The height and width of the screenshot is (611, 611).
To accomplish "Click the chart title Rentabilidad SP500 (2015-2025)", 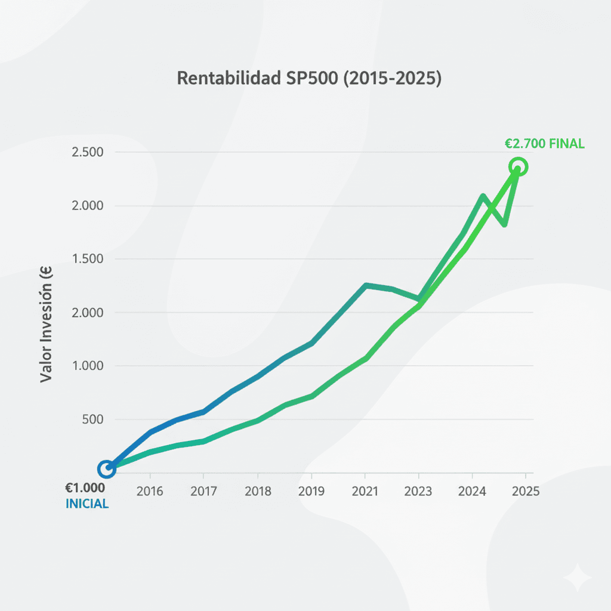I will coord(309,78).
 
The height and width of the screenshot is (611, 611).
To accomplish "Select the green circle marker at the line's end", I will coord(518,167).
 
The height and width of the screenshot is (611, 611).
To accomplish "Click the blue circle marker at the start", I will coord(106,469).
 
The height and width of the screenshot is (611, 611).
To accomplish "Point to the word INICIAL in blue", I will coord(87,504).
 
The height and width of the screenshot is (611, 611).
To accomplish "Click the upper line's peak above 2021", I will coord(366,285).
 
